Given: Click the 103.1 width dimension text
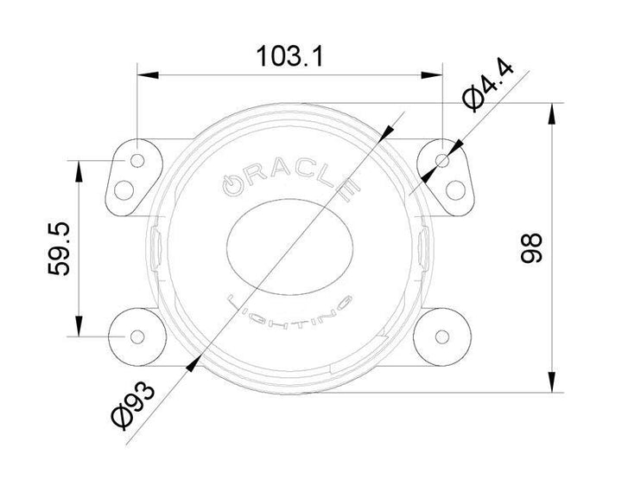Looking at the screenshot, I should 289,57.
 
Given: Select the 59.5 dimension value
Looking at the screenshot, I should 58,247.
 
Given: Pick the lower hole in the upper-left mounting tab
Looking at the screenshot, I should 127,188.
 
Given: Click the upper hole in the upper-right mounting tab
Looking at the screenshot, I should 443,161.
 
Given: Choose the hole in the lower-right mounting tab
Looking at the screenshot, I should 443,335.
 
